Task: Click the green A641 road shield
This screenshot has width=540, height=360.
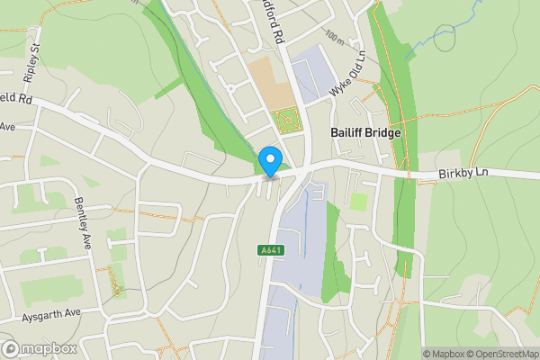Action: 269,249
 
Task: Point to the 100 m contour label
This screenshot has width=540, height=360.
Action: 337,39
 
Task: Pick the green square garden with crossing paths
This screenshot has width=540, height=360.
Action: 285,121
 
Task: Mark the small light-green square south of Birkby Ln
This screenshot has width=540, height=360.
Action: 358,202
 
